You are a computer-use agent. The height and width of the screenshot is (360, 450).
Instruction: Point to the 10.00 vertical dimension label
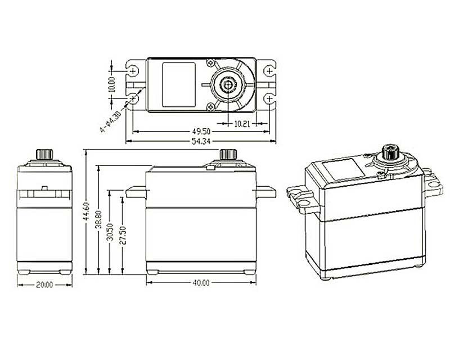point(112,84)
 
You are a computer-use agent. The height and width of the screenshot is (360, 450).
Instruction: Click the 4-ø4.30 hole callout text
point(109,121)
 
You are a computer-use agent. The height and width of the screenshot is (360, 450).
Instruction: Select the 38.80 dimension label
point(100,219)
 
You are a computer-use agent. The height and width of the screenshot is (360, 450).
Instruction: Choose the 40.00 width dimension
point(200,283)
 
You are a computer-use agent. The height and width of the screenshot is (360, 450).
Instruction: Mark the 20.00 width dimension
point(44,285)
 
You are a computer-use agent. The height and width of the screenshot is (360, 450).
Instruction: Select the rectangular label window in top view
point(179,84)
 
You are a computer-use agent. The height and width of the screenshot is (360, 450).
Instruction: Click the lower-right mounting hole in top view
point(270,98)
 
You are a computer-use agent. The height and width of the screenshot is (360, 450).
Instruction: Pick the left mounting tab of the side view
point(136,192)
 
